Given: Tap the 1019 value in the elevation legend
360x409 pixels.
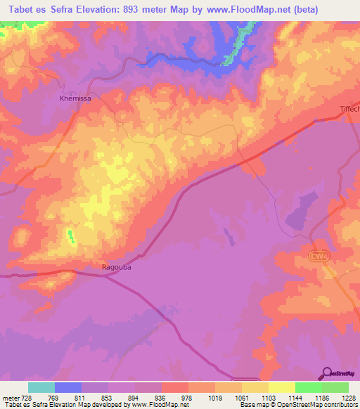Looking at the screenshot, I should coord(216,398).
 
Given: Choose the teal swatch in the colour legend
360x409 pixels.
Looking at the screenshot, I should coord(41,387).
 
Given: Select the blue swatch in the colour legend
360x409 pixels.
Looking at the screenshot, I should coord(67,387).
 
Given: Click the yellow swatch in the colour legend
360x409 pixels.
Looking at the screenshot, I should coord(281,387).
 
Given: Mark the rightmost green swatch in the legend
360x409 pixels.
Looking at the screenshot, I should coord(335,387).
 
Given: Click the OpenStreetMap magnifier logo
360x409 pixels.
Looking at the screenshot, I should coord(327,372).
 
